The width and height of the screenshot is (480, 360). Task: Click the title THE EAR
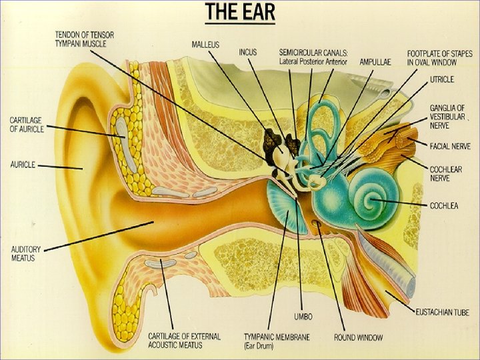coord(239,13)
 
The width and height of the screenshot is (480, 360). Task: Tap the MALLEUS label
coord(206,44)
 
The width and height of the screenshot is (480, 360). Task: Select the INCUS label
coord(247,52)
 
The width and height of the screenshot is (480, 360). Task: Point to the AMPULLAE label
coord(375,61)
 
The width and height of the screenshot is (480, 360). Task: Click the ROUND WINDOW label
coord(358,337)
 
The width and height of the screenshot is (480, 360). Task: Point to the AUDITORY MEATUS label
coord(26,253)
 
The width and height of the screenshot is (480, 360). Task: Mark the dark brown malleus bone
coord(272,140)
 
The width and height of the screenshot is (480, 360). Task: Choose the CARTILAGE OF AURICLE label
coord(26,124)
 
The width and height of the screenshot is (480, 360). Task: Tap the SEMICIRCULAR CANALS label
coord(313,56)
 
